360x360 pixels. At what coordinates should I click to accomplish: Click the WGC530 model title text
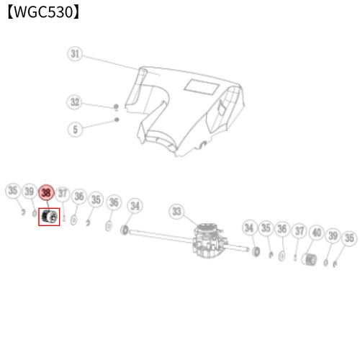point(43,12)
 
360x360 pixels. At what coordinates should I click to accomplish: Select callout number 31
point(75,53)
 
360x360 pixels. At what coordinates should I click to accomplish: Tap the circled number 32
point(74,102)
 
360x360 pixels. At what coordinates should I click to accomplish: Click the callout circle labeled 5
point(75,130)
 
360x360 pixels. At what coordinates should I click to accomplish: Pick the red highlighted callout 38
point(46,192)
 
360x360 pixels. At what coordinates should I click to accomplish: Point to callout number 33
point(176,212)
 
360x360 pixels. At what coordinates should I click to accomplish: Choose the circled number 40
point(317,233)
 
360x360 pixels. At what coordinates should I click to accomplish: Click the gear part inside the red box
point(50,217)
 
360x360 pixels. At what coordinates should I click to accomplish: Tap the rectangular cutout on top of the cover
point(202,86)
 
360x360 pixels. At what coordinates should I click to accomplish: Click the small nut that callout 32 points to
point(117,107)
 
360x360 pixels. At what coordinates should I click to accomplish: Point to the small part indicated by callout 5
point(117,120)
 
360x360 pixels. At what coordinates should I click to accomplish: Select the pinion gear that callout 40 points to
point(309,259)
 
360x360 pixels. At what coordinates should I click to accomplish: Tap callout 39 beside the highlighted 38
point(30,192)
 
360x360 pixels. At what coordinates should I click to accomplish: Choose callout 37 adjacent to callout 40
point(300,231)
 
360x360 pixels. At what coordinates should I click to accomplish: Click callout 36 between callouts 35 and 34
point(114,202)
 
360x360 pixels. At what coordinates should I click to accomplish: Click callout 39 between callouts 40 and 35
point(333,235)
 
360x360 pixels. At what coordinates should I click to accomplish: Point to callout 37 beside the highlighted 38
point(63,194)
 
